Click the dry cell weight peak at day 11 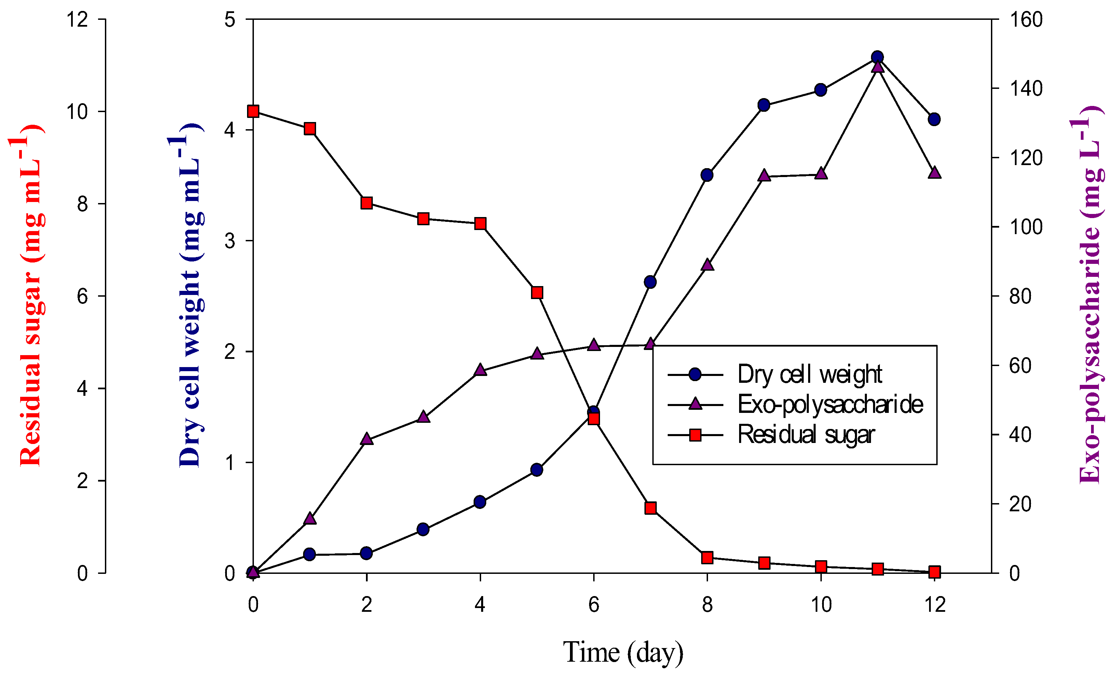(x=877, y=57)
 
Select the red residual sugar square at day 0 (x=253, y=111)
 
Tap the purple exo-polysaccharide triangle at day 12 (x=934, y=173)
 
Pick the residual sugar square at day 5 (x=537, y=292)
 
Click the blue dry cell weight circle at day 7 (x=650, y=282)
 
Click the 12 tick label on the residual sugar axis (x=77, y=20)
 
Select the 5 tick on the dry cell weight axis (x=230, y=20)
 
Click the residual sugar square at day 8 (x=707, y=557)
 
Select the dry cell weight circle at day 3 (x=423, y=529)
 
